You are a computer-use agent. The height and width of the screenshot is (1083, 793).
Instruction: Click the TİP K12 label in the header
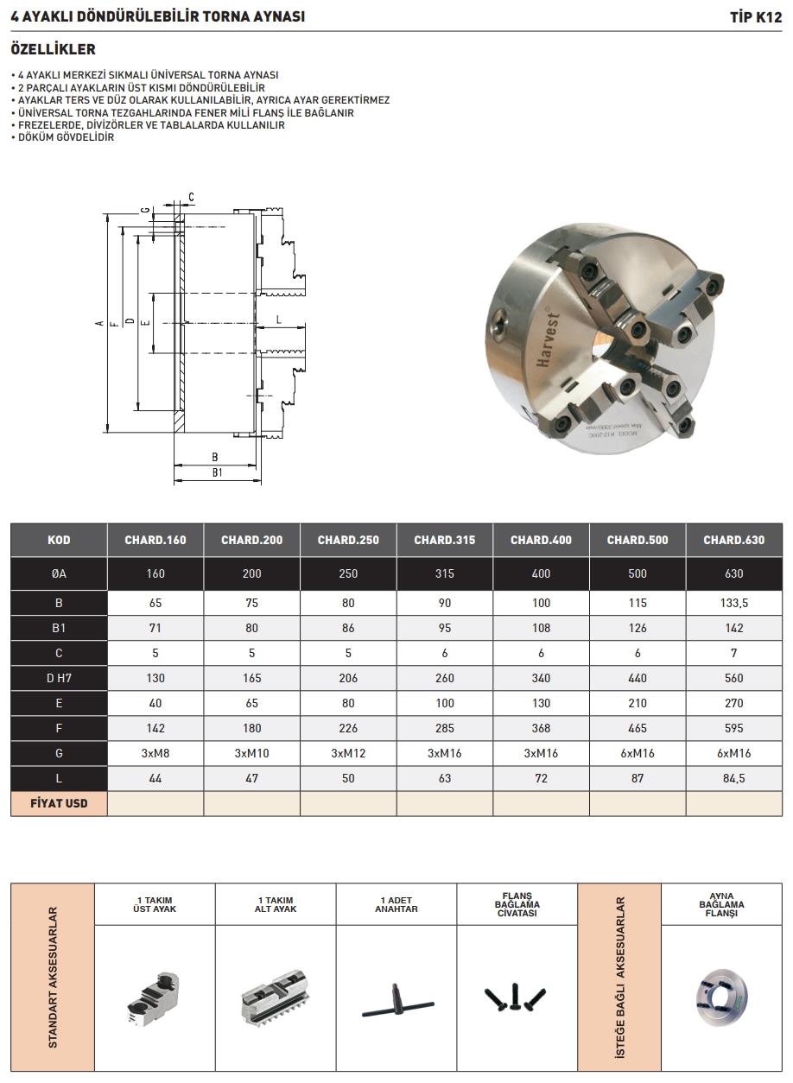pos(756,17)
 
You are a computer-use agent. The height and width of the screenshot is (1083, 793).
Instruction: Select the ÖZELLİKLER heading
pos(54,49)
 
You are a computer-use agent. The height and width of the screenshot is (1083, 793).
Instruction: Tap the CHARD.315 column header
pos(444,540)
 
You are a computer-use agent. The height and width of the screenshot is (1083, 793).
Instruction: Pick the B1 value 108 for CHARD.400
pos(541,628)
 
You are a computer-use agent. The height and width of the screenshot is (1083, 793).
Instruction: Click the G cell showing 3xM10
pos(252,753)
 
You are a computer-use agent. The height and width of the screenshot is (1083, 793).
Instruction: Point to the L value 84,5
pos(734,778)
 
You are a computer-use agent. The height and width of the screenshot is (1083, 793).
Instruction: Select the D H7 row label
pos(59,678)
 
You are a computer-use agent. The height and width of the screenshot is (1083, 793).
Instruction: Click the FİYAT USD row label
pos(59,803)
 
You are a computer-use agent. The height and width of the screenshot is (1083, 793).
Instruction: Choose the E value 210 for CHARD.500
pos(638,703)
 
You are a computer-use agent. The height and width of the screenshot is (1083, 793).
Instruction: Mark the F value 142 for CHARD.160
pos(155,728)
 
